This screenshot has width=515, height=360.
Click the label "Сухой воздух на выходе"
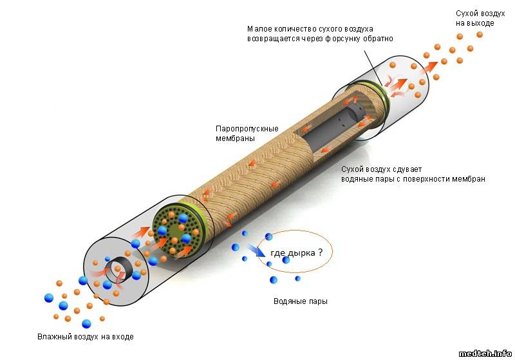[475, 18]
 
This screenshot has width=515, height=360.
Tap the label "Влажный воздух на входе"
[86, 337]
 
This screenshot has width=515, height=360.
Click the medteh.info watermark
[485, 353]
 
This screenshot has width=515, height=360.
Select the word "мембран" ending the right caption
[469, 178]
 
